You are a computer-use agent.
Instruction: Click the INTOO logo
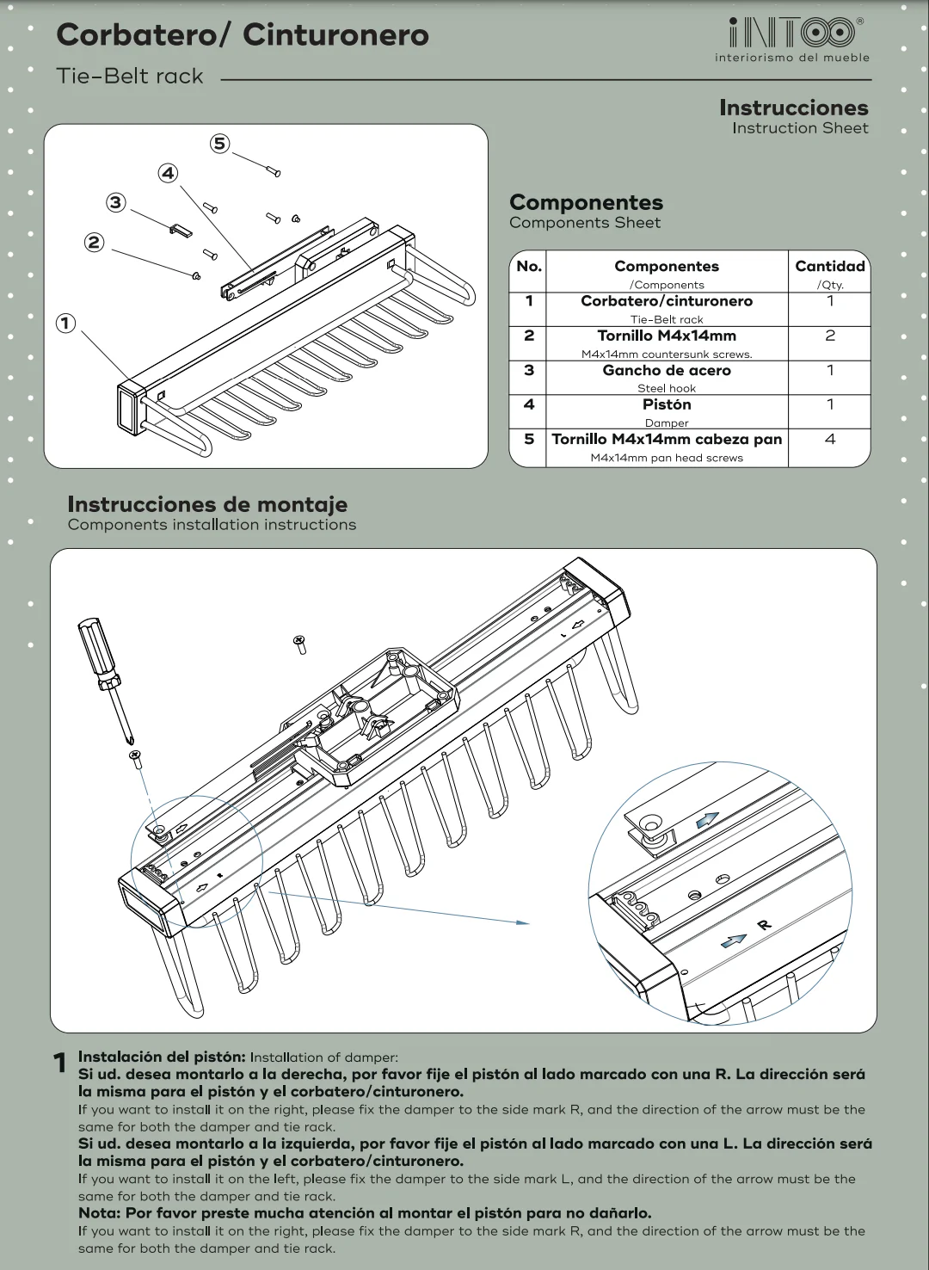791,34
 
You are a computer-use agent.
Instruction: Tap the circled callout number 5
220,143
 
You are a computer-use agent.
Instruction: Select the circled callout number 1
65,324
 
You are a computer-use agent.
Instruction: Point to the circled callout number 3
115,202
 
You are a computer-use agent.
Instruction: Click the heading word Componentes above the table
586,202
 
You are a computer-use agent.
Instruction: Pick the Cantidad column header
829,267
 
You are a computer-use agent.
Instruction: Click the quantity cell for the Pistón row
829,404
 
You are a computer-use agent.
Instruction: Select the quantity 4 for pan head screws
829,440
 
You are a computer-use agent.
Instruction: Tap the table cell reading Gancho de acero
667,371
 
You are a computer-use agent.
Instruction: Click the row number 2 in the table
528,336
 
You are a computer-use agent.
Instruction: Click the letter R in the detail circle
764,925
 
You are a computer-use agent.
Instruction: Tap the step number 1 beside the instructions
60,1063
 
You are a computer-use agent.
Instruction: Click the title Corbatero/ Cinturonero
242,35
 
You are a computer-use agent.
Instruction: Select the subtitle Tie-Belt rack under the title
130,77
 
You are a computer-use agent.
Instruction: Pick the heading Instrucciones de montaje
207,504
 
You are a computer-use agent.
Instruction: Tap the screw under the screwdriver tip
136,758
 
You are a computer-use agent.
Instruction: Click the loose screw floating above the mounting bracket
300,643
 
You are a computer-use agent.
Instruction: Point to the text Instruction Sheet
800,128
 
